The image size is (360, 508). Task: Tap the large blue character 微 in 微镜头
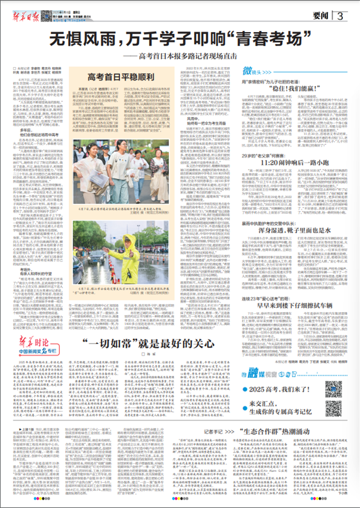tap(247, 70)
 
